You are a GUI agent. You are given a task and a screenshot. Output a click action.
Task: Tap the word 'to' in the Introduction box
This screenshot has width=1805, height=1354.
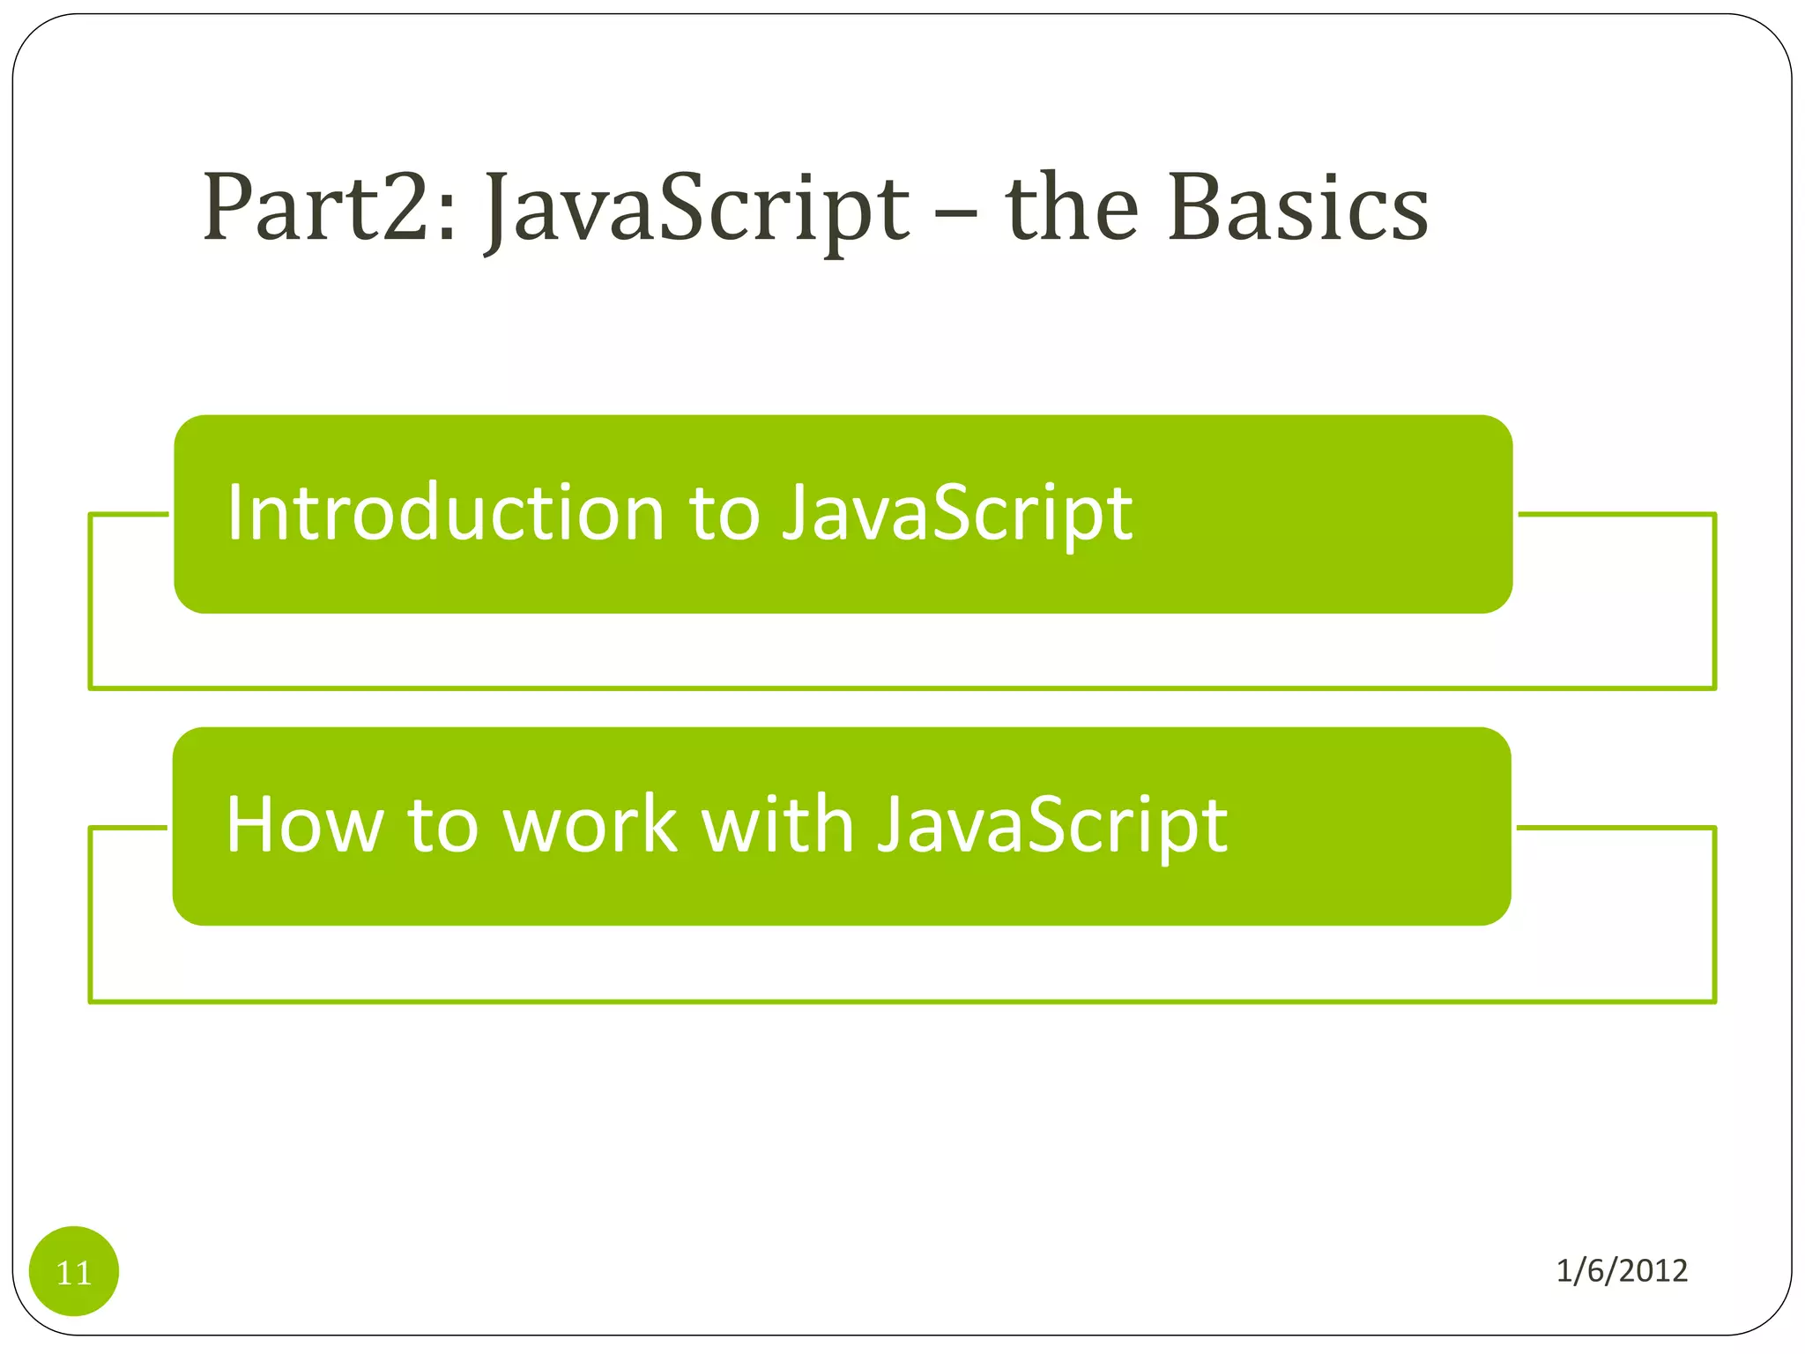pyautogui.click(x=724, y=515)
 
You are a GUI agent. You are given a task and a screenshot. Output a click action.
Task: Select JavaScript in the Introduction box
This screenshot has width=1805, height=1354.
pyautogui.click(x=957, y=515)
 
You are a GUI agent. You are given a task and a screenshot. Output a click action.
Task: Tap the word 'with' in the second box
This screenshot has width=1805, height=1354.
pyautogui.click(x=776, y=825)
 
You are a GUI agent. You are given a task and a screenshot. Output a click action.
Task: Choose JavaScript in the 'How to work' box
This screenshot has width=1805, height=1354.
pyautogui.click(x=1052, y=827)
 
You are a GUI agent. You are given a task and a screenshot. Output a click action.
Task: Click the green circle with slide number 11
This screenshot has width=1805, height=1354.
pyautogui.click(x=74, y=1271)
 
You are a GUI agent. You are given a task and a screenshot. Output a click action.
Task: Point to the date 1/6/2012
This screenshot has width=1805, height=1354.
pyautogui.click(x=1622, y=1270)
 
